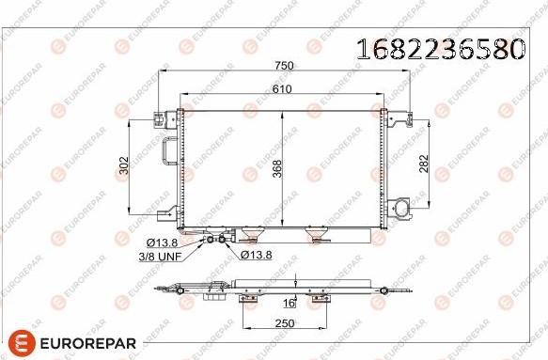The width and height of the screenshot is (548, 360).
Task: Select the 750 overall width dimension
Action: click(x=285, y=66)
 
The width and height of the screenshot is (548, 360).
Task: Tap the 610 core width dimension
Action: click(x=282, y=88)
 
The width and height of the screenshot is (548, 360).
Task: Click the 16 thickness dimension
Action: click(x=290, y=303)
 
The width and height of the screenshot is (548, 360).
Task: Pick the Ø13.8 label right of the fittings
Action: click(x=256, y=255)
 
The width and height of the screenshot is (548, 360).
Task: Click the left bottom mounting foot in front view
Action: click(x=250, y=235)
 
